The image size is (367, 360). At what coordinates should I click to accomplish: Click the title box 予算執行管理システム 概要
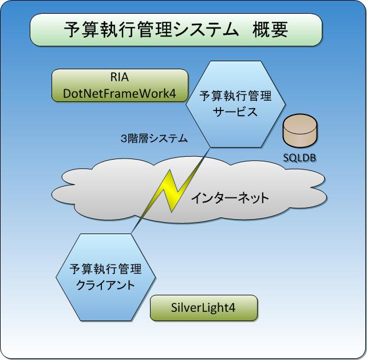pos(175,30)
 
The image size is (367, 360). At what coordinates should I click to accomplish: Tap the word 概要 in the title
pos(269,30)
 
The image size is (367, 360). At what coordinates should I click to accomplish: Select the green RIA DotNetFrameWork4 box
pos(120,86)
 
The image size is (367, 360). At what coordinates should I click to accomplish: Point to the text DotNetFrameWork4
pos(120,93)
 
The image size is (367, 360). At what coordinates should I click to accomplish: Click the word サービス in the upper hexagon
pos(235,112)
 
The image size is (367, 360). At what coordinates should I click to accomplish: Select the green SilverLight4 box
pos(203,308)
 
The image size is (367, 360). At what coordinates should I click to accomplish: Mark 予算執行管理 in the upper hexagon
pos(235,96)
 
